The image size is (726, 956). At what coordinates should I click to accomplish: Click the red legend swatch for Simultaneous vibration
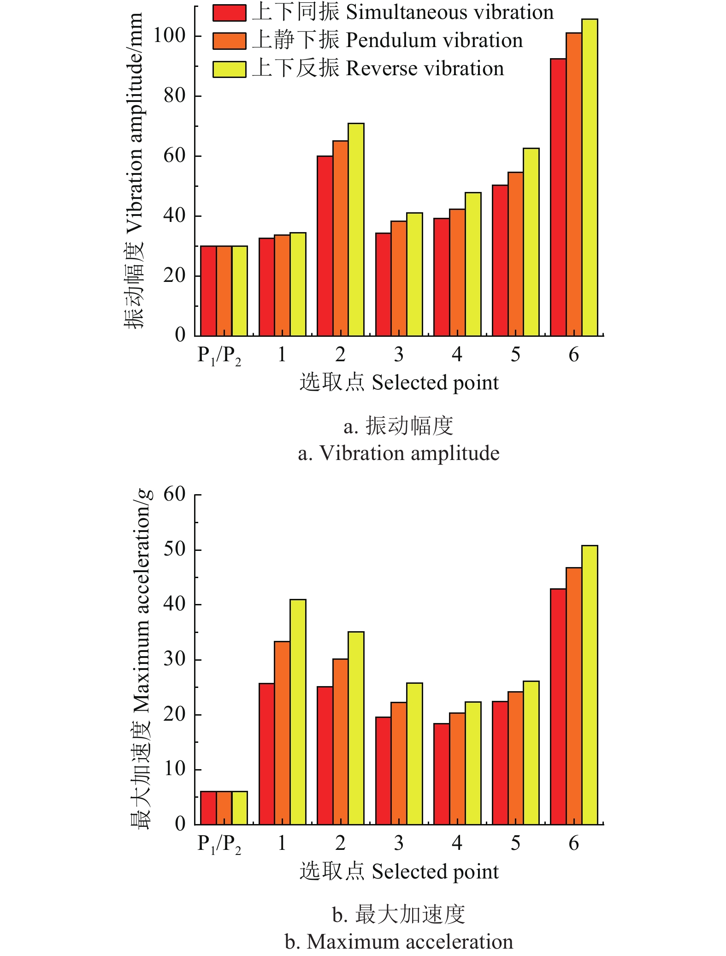click(229, 13)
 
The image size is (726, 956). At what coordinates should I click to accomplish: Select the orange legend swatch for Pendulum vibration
click(229, 41)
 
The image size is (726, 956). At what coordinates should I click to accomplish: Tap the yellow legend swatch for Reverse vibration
click(229, 69)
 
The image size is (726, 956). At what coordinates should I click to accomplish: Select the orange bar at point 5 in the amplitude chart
click(515, 254)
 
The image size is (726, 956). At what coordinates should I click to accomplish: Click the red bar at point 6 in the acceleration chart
click(558, 706)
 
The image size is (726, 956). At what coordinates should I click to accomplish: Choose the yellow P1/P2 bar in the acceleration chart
click(240, 808)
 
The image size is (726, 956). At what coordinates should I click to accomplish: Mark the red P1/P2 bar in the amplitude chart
click(208, 291)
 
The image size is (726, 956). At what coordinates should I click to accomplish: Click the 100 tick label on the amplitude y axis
click(169, 36)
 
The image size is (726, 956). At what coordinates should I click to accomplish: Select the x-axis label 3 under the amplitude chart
click(399, 355)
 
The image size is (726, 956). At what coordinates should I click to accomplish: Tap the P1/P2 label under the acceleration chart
click(219, 844)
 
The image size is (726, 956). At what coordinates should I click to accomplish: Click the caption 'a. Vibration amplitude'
click(398, 453)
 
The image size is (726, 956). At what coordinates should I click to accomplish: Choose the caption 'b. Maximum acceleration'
click(398, 942)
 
